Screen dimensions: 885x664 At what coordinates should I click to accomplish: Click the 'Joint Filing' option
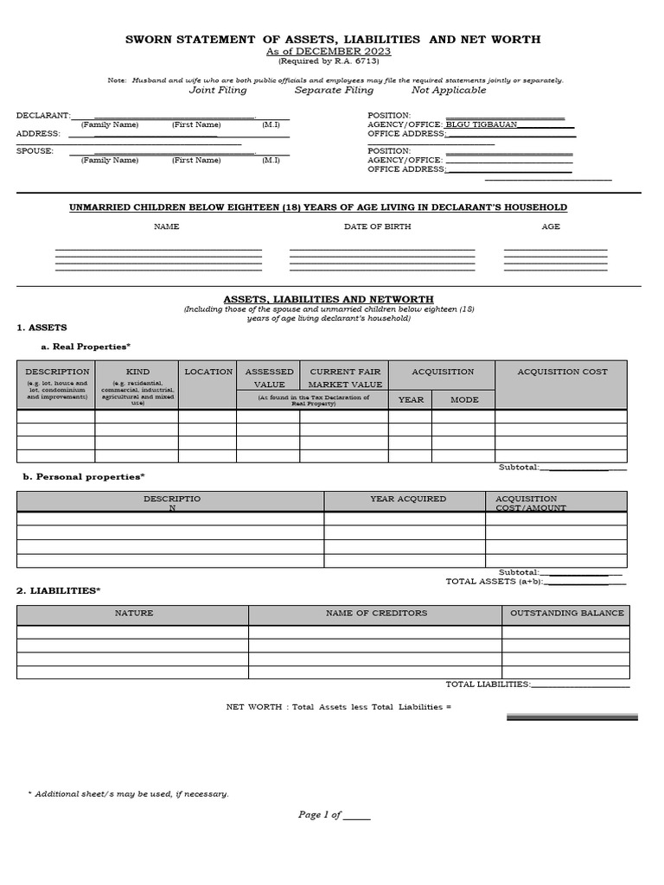[218, 90]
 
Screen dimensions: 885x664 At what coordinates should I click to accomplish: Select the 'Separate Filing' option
[334, 90]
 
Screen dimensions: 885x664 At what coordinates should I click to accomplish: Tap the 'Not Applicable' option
[449, 90]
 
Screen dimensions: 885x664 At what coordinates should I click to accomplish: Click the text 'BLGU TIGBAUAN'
[482, 124]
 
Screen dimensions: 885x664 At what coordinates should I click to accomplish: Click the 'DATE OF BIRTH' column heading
[378, 226]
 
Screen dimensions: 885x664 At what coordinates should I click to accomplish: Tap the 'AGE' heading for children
[551, 226]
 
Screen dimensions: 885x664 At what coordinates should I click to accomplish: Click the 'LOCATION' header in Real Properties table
[208, 372]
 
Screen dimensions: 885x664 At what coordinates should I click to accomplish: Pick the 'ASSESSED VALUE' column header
[269, 378]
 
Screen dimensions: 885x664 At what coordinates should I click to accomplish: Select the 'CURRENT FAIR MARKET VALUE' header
[345, 378]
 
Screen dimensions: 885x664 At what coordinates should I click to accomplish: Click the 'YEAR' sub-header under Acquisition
[410, 399]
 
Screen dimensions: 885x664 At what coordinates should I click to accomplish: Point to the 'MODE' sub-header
[463, 399]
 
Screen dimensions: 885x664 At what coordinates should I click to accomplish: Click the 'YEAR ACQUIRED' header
[408, 499]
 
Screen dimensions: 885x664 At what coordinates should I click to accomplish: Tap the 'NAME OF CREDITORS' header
[376, 613]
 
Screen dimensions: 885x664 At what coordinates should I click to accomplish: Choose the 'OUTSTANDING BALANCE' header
[566, 613]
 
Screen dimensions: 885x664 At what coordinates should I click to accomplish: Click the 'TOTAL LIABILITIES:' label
[488, 684]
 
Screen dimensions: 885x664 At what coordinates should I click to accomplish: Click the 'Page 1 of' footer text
[320, 815]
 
